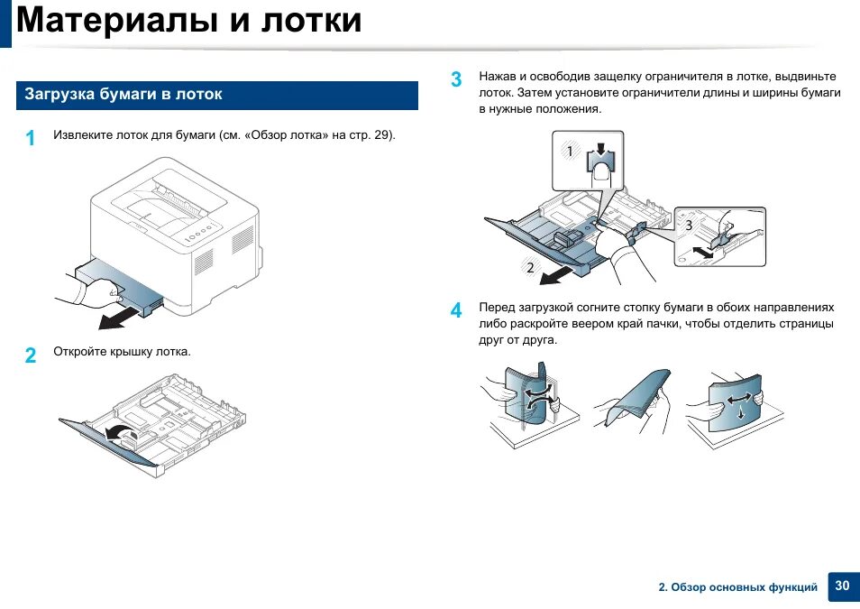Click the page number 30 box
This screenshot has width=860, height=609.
pyautogui.click(x=842, y=586)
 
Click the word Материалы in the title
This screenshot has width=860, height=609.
pyautogui.click(x=115, y=21)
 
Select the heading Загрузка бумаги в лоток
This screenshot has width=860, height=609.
pyautogui.click(x=124, y=95)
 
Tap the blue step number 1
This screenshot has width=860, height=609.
pyautogui.click(x=31, y=138)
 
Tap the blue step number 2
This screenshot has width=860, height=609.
pyautogui.click(x=31, y=355)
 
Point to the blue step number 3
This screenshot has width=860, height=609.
pyautogui.click(x=456, y=79)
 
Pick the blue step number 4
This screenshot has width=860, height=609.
pyautogui.click(x=456, y=310)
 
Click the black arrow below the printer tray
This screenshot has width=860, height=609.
pyautogui.click(x=122, y=318)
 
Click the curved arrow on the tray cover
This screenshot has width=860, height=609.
pyautogui.click(x=117, y=433)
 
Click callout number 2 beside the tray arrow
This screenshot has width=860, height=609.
pyautogui.click(x=530, y=267)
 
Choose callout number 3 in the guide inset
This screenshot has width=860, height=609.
pyautogui.click(x=689, y=226)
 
